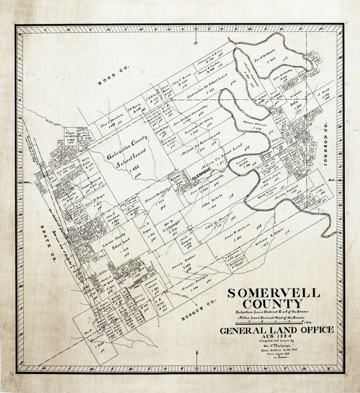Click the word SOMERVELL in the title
(274, 293)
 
